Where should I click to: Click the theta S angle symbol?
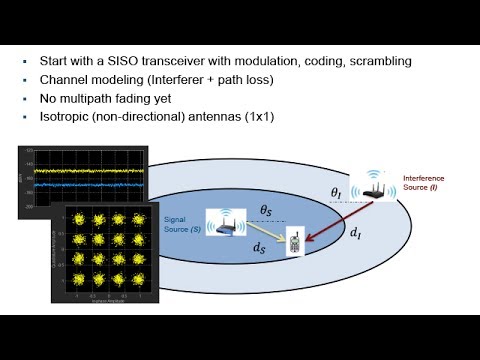(267, 210)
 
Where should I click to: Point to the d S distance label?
(259, 245)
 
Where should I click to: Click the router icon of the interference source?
(375, 185)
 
